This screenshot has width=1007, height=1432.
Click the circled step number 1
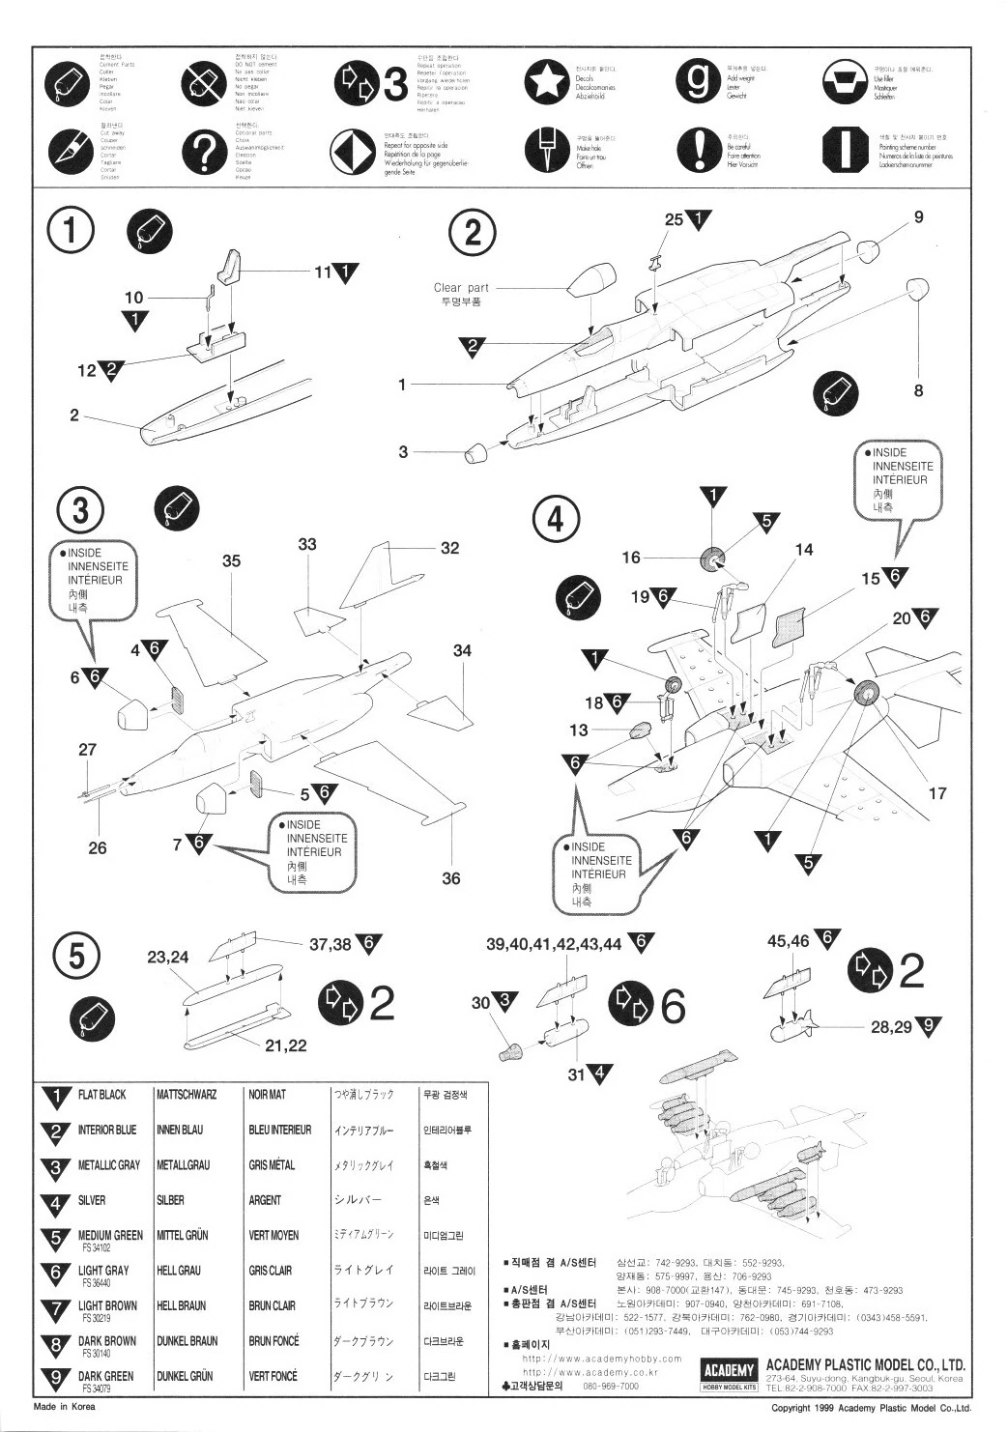72,232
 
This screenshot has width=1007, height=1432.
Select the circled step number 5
78,957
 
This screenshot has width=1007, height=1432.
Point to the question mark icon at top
203,150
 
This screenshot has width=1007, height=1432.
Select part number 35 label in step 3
231,559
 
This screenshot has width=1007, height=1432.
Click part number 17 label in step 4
936,793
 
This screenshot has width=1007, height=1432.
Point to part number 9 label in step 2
918,216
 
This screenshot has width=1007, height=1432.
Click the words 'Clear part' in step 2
461,287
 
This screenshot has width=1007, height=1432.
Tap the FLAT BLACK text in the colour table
101,1095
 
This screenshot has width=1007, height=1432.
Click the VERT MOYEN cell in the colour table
273,1235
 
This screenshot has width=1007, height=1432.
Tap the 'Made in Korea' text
64,1407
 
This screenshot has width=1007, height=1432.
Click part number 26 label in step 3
98,848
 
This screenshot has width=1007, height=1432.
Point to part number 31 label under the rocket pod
576,1074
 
